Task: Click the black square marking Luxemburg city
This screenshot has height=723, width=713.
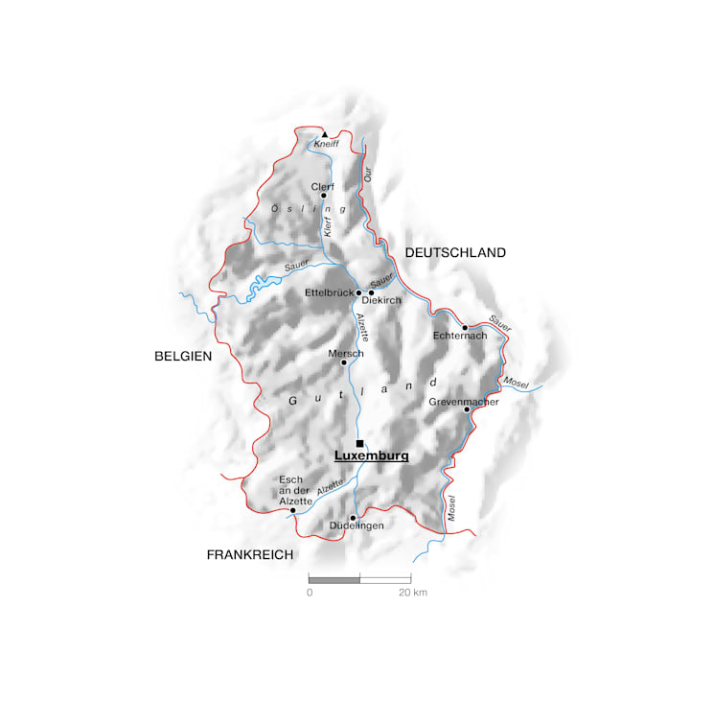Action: pyautogui.click(x=359, y=443)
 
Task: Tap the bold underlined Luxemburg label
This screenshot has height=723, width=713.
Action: pyautogui.click(x=371, y=456)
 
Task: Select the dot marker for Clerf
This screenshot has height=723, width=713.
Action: pyautogui.click(x=324, y=196)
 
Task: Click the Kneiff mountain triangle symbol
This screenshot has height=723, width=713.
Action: pyautogui.click(x=325, y=134)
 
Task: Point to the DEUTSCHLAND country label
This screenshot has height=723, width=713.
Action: pyautogui.click(x=454, y=253)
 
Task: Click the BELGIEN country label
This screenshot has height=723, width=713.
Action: pyautogui.click(x=182, y=356)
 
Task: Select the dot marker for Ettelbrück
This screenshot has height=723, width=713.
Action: pyautogui.click(x=359, y=292)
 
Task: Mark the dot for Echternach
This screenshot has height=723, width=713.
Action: pyautogui.click(x=465, y=328)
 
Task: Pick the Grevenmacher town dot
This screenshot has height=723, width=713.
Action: pyautogui.click(x=467, y=409)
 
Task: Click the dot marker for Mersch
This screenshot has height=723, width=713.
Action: pyautogui.click(x=344, y=362)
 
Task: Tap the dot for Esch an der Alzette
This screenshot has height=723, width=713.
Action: pyautogui.click(x=292, y=511)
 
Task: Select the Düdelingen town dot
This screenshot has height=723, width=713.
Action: pyautogui.click(x=353, y=518)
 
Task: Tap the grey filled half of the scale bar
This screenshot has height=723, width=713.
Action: pyautogui.click(x=334, y=579)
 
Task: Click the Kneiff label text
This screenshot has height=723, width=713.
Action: pyautogui.click(x=327, y=144)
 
